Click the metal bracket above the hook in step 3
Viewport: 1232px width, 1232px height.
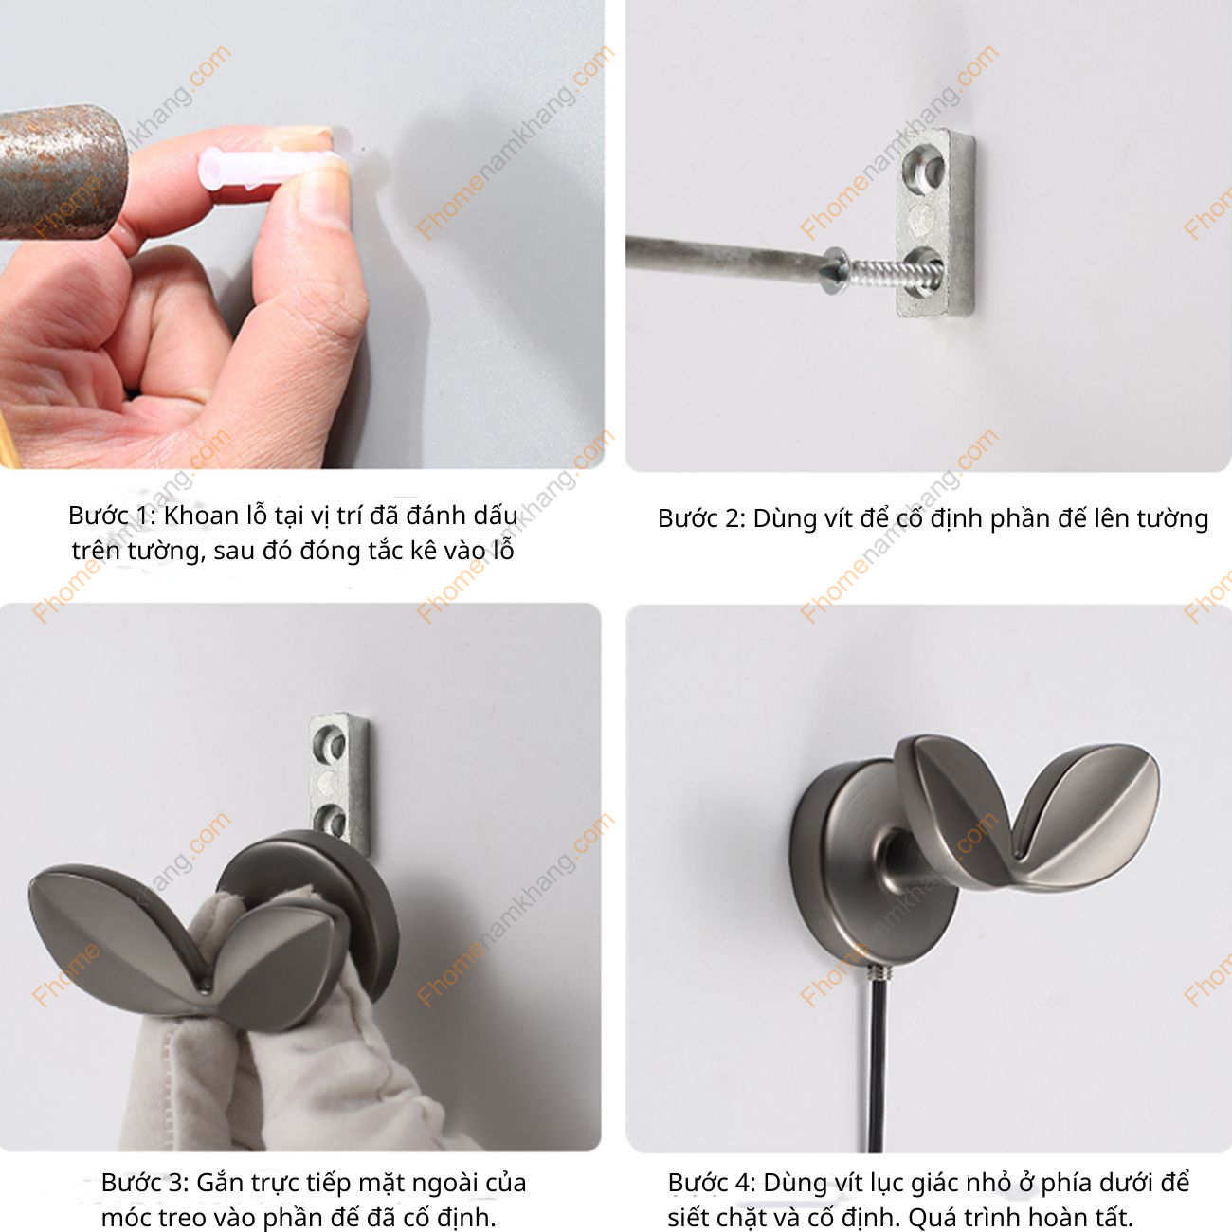(x=337, y=777)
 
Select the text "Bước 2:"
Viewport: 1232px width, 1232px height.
(x=700, y=518)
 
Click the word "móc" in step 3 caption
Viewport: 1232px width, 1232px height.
(x=127, y=1217)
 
